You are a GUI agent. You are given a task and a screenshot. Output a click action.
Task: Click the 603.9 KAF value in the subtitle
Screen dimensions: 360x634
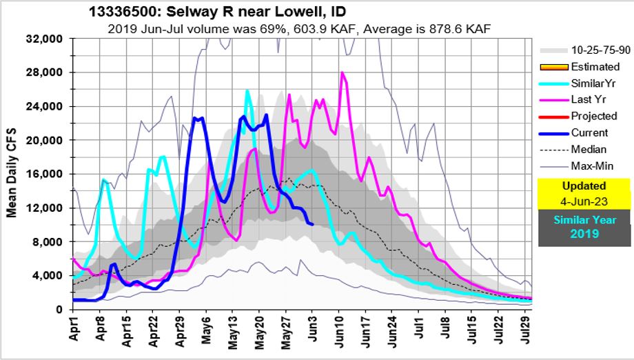click(x=351, y=29)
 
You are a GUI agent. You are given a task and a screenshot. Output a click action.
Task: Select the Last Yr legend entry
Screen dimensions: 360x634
click(x=590, y=99)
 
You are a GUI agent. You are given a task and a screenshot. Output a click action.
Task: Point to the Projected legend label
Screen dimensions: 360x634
click(x=593, y=116)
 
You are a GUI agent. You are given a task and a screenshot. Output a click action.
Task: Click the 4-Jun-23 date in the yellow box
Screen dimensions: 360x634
click(x=583, y=201)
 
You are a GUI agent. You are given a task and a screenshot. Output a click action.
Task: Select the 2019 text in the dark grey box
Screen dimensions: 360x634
click(x=583, y=234)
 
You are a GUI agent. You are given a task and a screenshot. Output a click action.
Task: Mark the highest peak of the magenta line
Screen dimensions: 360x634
click(x=342, y=72)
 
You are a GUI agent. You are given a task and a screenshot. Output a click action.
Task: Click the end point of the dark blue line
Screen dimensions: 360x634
click(x=313, y=224)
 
